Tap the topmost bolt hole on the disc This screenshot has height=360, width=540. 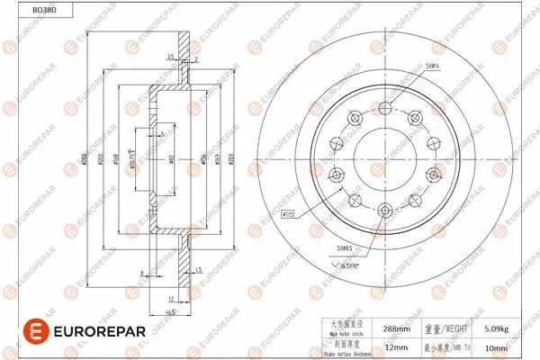386,108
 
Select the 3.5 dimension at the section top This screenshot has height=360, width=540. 170,57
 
